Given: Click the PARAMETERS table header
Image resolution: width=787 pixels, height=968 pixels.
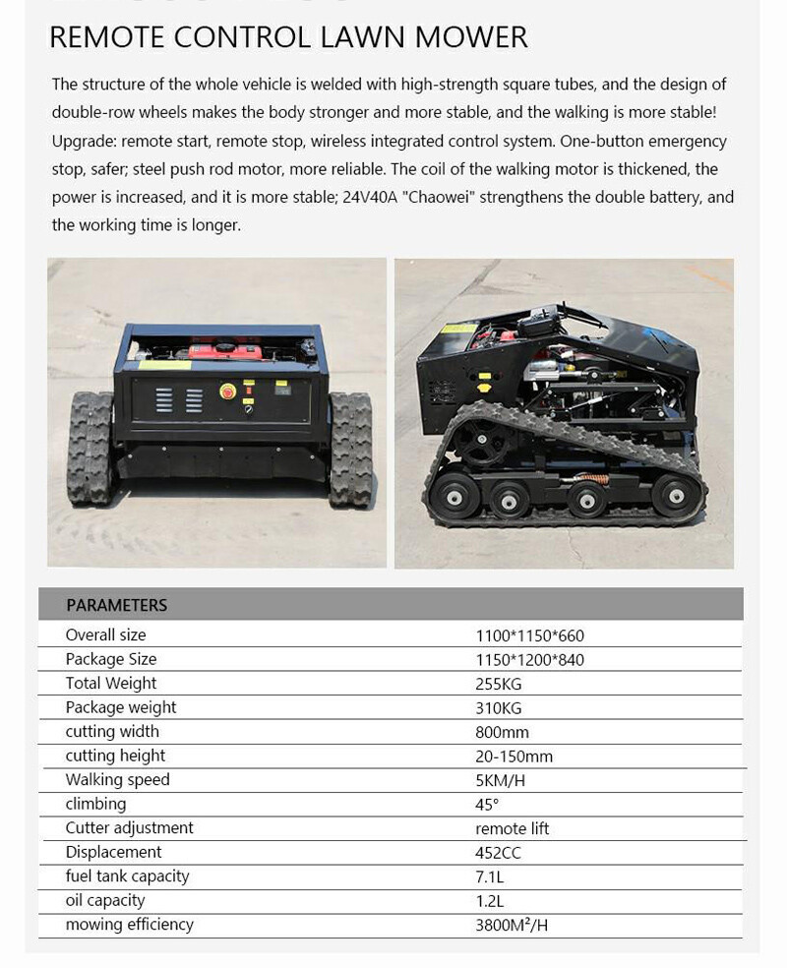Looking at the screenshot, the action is point(116,605).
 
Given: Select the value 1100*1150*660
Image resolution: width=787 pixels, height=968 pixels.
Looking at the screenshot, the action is point(529,635).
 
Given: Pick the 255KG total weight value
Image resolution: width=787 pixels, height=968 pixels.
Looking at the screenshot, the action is point(498,684).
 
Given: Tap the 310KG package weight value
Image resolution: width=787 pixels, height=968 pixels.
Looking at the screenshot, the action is point(498,708).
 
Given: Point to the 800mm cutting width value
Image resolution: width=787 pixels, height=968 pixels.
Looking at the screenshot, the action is point(502,732).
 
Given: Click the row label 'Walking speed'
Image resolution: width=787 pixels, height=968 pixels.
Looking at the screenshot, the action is point(117,780).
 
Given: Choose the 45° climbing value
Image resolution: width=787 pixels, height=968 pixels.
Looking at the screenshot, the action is point(487,805).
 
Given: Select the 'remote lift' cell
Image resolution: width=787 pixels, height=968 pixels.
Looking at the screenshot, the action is point(512,828).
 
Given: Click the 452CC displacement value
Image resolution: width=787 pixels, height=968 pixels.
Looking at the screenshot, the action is point(498,853).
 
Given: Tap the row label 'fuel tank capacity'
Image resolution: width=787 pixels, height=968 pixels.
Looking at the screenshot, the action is point(127,877).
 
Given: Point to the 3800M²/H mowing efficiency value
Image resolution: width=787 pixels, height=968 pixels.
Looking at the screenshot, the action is point(512,925).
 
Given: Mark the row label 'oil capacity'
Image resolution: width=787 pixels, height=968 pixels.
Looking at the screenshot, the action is point(104,901).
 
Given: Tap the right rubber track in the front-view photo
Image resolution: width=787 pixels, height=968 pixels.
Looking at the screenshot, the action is point(350,448).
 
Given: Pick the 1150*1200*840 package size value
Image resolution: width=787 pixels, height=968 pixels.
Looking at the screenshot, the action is point(529,660).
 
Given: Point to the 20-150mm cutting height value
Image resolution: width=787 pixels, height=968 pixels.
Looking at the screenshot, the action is point(514,756).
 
